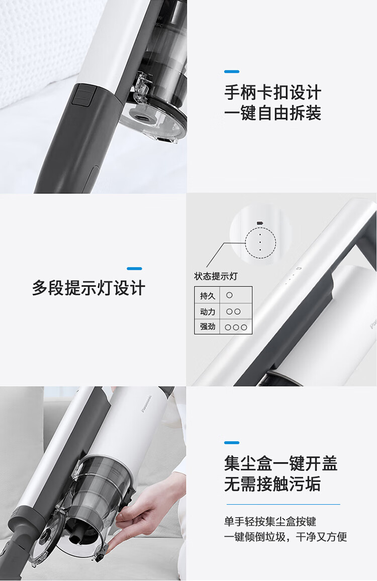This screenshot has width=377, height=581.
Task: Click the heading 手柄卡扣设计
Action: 272,92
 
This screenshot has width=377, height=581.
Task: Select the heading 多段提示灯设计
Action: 88,288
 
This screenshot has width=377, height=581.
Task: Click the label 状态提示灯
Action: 215,276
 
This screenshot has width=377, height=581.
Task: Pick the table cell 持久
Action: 207,296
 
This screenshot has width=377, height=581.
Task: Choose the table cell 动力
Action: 207,312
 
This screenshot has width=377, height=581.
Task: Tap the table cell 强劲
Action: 207,327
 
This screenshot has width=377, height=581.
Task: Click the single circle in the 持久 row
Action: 229,296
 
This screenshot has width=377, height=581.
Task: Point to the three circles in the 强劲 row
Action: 236,327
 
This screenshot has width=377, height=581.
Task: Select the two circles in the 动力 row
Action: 233,312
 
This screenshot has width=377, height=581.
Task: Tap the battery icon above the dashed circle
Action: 259,223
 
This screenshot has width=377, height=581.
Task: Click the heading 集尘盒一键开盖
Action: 280,463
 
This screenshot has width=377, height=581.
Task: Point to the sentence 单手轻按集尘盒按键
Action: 270,522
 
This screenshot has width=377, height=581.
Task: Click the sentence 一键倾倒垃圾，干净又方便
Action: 286,537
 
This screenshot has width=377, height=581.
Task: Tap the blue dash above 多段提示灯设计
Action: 134,268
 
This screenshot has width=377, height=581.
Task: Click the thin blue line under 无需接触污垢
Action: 283,504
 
